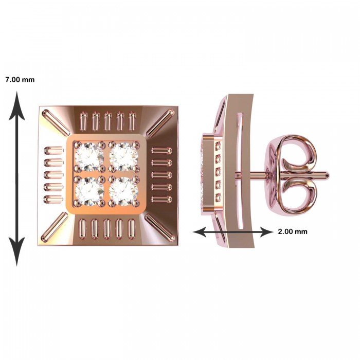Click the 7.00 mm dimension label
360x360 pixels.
pyautogui.click(x=20, y=80)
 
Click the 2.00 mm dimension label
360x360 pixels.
pyautogui.click(x=293, y=231)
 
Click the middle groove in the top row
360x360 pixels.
pyautogui.click(x=107, y=121)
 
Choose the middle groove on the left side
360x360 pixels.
pyautogui.click(x=53, y=175)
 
